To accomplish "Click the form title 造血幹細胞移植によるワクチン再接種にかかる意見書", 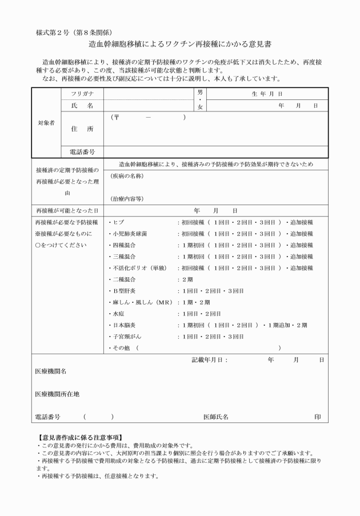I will (x=179, y=43).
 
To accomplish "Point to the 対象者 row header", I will (x=46, y=123).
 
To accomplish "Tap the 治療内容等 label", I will (x=127, y=198).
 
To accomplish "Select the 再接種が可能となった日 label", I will (x=66, y=210).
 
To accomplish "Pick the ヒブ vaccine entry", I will (x=118, y=222).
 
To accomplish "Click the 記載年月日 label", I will (x=209, y=360).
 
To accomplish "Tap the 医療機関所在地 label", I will (x=57, y=394).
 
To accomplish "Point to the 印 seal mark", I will (x=318, y=417).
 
